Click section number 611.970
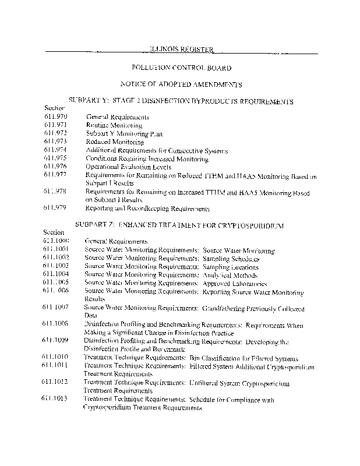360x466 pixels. pyautogui.click(x=56, y=117)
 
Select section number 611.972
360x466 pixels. pyautogui.click(x=56, y=133)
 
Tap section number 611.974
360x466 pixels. pyautogui.click(x=56, y=150)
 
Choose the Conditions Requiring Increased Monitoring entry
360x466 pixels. pyautogui.click(x=147, y=158)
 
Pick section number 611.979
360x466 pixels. pyautogui.click(x=56, y=208)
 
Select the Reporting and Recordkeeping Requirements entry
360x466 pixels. pyautogui.click(x=147, y=208)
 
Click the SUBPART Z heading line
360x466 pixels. pyautogui.click(x=179, y=224)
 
